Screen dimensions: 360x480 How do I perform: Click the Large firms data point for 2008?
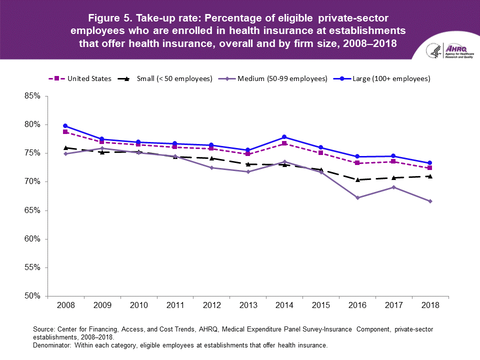point(65,126)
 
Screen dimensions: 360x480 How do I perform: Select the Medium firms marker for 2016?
point(357,197)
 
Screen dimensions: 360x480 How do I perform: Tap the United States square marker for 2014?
point(284,143)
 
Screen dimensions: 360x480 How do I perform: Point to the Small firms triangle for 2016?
point(357,179)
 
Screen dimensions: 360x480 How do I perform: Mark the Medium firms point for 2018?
point(430,201)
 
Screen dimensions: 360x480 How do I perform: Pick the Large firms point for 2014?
point(284,137)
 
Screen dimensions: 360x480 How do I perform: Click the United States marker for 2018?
point(430,168)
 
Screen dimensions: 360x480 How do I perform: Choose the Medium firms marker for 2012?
point(211,167)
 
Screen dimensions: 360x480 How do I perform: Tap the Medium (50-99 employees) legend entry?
point(282,78)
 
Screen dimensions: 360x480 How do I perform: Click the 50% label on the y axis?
point(32,296)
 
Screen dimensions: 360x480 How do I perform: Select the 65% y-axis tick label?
point(32,210)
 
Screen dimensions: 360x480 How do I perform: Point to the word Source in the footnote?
point(43,329)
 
